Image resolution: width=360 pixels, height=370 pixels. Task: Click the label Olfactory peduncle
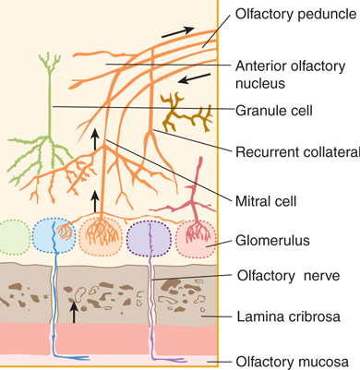pyautogui.click(x=295, y=16)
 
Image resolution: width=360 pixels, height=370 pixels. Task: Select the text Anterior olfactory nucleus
pyautogui.click(x=288, y=75)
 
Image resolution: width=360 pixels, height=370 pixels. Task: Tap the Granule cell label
pyautogui.click(x=275, y=111)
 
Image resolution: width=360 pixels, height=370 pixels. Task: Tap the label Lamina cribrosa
pyautogui.click(x=285, y=316)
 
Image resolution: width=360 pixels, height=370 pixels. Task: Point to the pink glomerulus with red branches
pyautogui.click(x=197, y=238)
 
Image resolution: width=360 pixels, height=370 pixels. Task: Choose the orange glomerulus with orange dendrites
pyautogui.click(x=102, y=238)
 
